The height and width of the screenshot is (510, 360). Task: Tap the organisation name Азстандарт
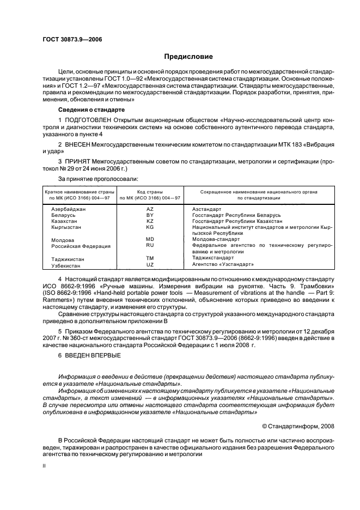[x=207, y=209]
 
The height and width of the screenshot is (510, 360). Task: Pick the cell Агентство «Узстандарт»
[x=223, y=264]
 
